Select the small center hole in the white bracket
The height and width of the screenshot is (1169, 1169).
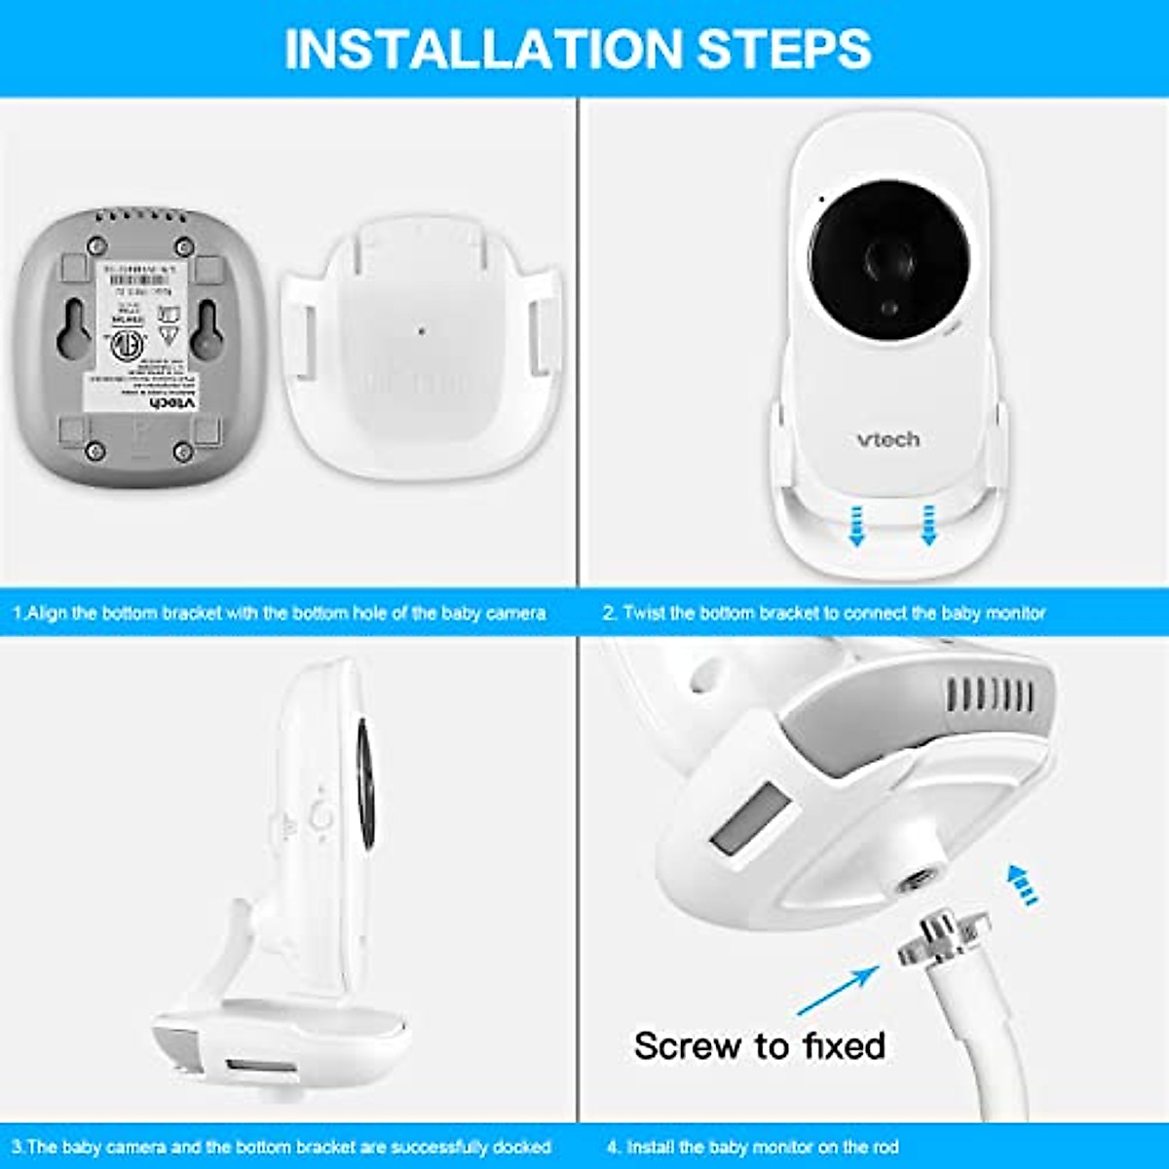[x=421, y=331]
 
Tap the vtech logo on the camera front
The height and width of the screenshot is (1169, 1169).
[x=887, y=439]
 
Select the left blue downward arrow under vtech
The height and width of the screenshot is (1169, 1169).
[x=856, y=525]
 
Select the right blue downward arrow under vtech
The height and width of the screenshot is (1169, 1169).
[x=928, y=525]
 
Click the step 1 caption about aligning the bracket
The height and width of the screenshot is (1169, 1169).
[x=280, y=614]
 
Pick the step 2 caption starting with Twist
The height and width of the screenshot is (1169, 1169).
[x=823, y=614]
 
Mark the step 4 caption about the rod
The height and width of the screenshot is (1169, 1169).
[x=752, y=1147]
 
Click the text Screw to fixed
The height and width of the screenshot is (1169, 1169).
[x=759, y=1046]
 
